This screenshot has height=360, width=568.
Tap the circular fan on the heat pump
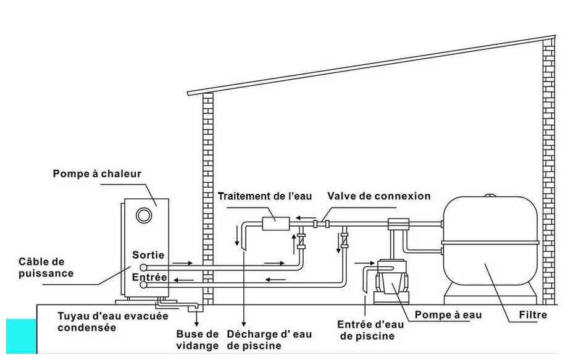pyautogui.click(x=144, y=216)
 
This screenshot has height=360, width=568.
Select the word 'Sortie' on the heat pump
pyautogui.click(x=149, y=254)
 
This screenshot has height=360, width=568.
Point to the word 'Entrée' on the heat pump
pyautogui.click(x=149, y=277)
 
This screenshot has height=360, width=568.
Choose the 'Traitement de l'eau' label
pyautogui.click(x=265, y=196)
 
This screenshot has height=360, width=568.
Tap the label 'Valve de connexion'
pyautogui.click(x=379, y=196)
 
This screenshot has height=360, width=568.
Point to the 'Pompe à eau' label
pyautogui.click(x=448, y=315)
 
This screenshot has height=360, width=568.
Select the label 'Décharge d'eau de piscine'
pyautogui.click(x=269, y=340)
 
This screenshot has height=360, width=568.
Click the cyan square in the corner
pyautogui.click(x=21, y=337)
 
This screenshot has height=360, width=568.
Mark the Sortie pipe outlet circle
pyautogui.click(x=143, y=267)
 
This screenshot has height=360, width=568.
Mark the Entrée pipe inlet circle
pyautogui.click(x=143, y=285)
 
